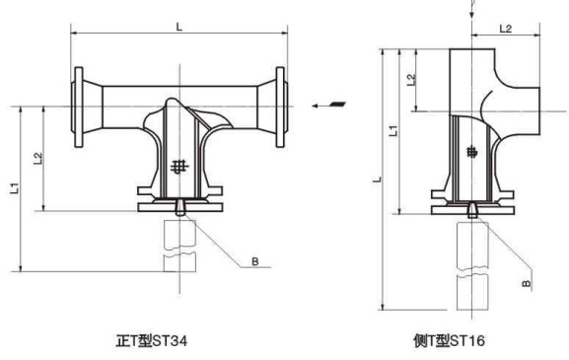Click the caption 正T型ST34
(151, 340)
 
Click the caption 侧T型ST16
(449, 340)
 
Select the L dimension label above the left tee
(179, 27)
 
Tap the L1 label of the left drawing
(15, 188)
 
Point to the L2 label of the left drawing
(38, 159)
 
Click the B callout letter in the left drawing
(255, 261)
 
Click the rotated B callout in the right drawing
(527, 283)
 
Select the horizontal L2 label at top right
(506, 29)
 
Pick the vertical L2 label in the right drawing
(411, 80)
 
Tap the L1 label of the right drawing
(393, 130)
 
